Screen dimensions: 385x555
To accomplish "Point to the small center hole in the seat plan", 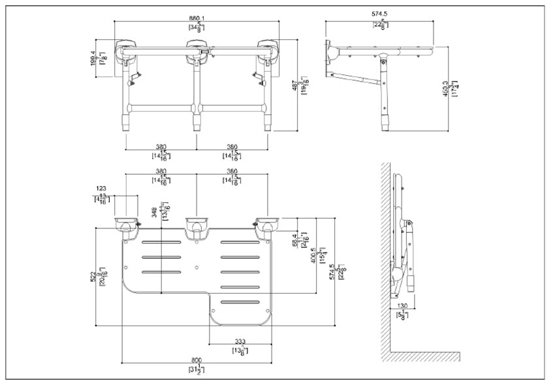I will tap(197, 267).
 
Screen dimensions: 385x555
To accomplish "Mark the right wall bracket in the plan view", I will tap(266, 226).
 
